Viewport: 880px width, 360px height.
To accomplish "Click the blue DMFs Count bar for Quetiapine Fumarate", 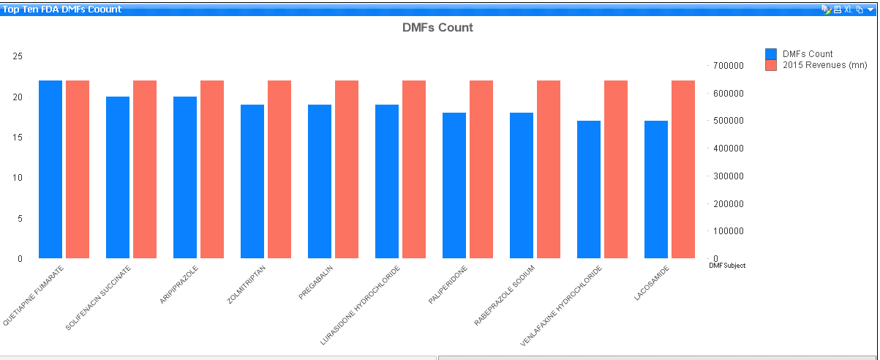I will pos(50,169).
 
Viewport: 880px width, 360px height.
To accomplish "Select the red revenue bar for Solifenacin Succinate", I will pos(145,169).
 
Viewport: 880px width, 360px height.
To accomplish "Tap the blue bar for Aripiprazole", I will pos(185,177).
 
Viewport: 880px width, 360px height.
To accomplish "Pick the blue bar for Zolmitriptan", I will pos(252,181).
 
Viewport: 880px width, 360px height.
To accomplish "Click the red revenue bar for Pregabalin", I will pos(347,169).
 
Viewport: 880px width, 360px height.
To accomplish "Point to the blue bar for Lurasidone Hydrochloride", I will pos(387,181).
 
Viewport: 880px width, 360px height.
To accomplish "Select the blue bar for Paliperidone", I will pos(454,185).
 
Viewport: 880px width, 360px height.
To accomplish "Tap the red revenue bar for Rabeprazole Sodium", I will pos(549,169).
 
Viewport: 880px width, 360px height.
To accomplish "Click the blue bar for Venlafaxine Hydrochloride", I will pos(589,190).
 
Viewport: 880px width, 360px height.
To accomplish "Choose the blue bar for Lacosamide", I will pos(656,190).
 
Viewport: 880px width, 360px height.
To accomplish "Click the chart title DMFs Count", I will pos(437,28).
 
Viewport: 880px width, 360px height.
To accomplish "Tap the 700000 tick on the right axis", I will pos(728,66).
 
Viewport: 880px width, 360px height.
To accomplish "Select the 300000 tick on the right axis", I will pos(728,176).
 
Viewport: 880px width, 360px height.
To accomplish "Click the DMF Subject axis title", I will pos(727,266).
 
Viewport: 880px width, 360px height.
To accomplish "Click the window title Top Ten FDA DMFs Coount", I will pos(62,10).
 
